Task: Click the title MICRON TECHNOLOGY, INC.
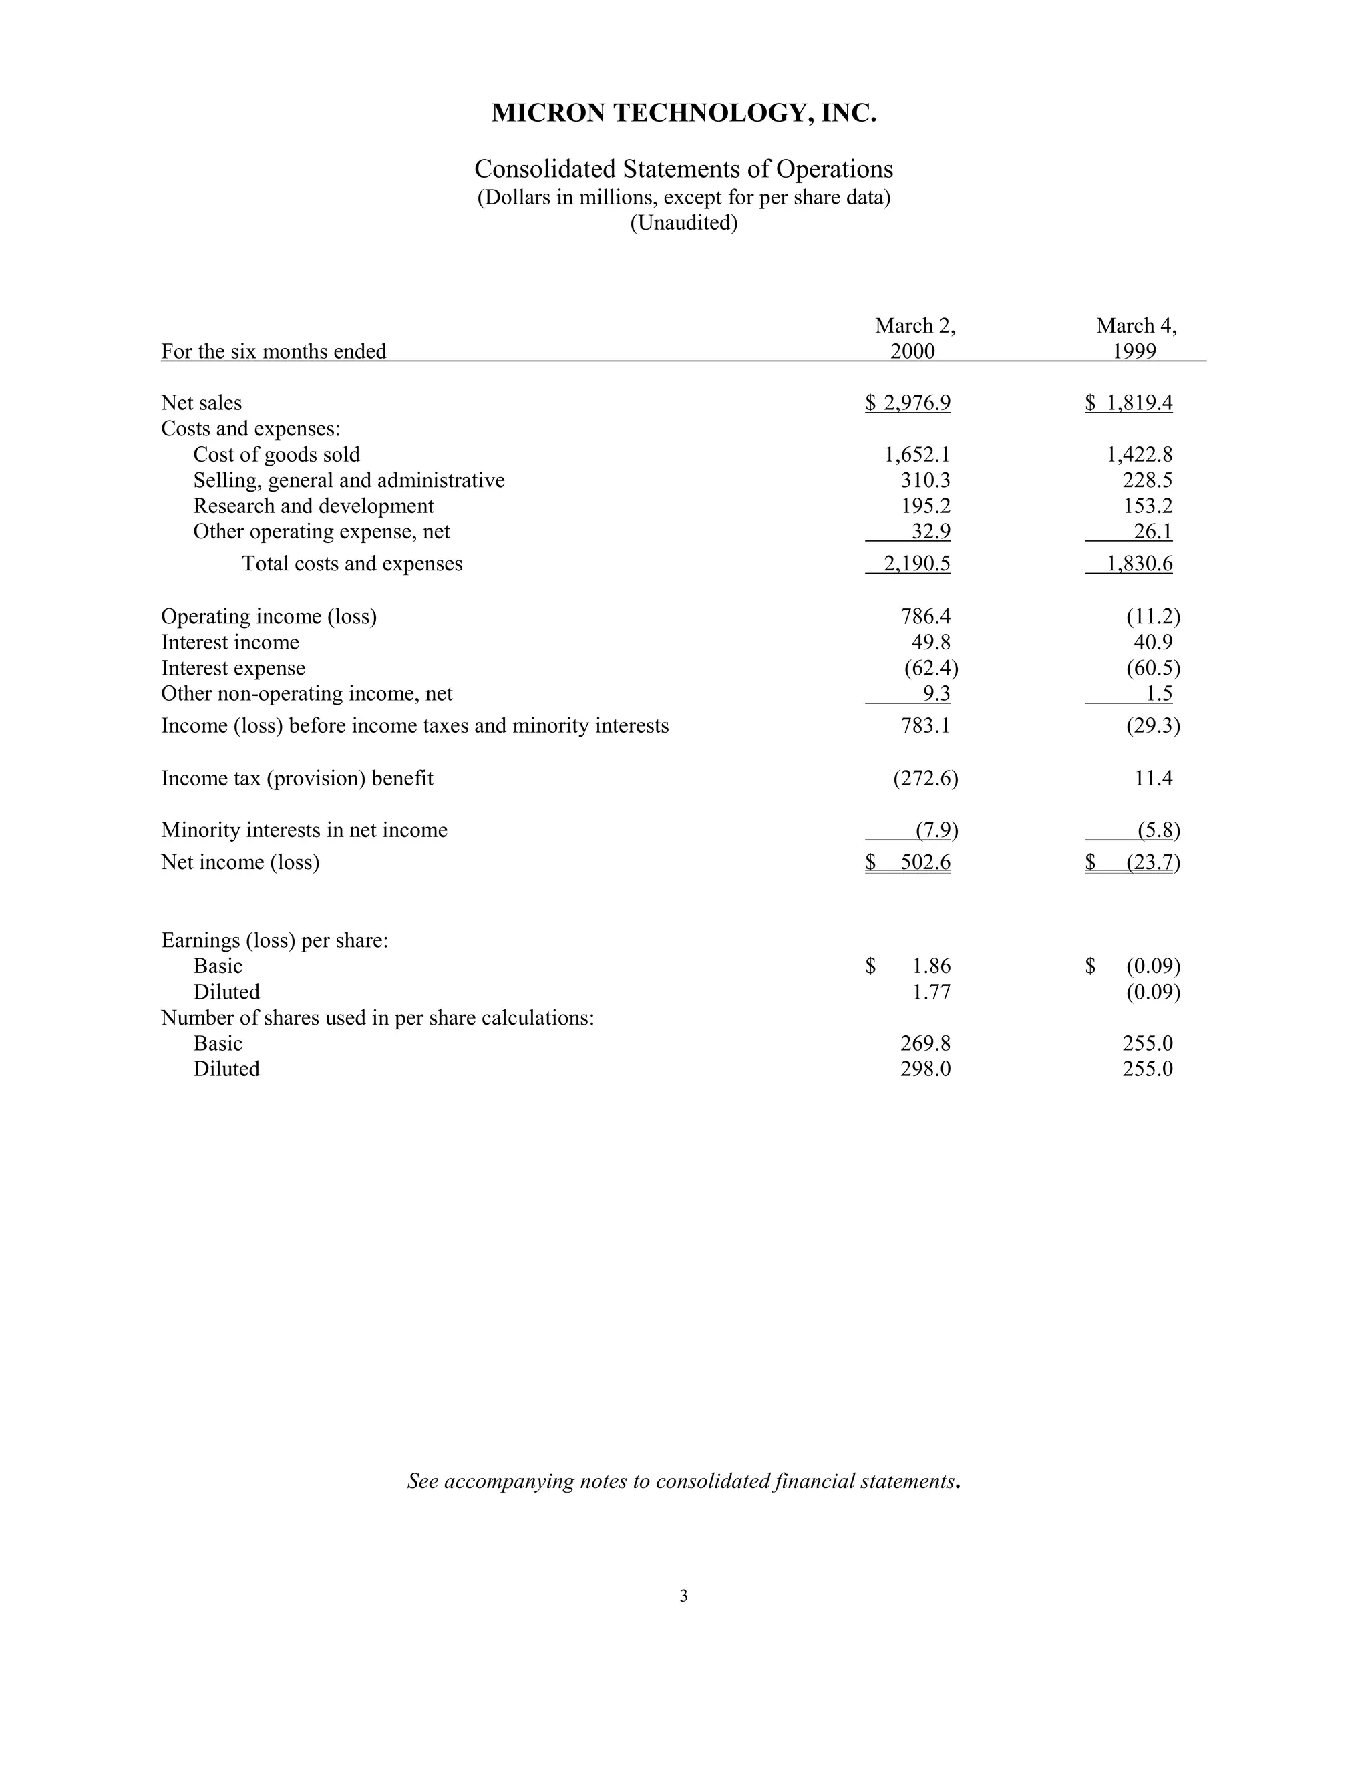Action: click(683, 113)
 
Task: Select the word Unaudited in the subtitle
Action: click(684, 223)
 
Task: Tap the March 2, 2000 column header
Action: click(914, 338)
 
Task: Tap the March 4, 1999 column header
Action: click(1136, 338)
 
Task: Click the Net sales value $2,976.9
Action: click(908, 403)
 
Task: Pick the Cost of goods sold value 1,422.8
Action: click(1140, 455)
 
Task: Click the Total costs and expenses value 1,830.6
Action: click(1140, 564)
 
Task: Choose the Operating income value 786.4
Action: click(926, 616)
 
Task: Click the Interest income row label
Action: click(230, 643)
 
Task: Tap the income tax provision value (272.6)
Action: click(926, 779)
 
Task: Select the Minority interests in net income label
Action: click(304, 830)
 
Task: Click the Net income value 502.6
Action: click(926, 862)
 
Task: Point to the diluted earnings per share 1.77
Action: click(931, 992)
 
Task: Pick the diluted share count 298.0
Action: click(926, 1069)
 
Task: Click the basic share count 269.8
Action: click(926, 1043)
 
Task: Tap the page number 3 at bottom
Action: click(683, 1596)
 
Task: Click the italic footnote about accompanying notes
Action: click(683, 1481)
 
